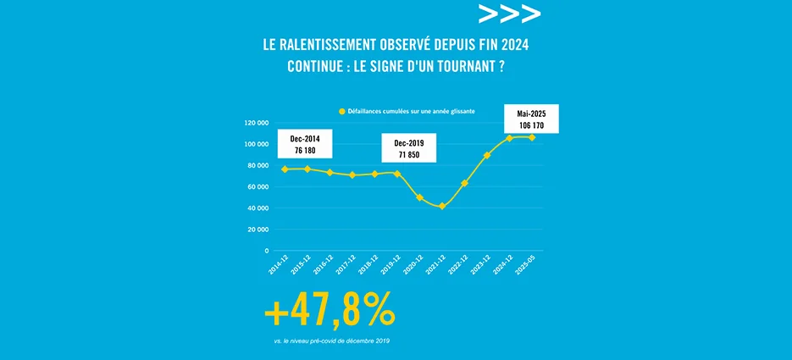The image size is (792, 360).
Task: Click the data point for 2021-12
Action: point(442,206)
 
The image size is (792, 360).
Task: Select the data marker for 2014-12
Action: point(285,169)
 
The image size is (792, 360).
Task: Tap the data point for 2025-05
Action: point(532,137)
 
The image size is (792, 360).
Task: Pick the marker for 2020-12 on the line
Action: point(419,197)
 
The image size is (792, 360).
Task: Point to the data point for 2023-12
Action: point(487,155)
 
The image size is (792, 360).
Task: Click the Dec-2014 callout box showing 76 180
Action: point(304,144)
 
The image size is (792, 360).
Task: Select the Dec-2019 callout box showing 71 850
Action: point(408,148)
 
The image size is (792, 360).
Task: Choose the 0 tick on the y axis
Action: point(265,251)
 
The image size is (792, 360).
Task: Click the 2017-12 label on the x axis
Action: point(345,267)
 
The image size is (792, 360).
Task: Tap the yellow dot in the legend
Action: point(342,111)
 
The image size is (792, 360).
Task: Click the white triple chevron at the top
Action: point(509,14)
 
